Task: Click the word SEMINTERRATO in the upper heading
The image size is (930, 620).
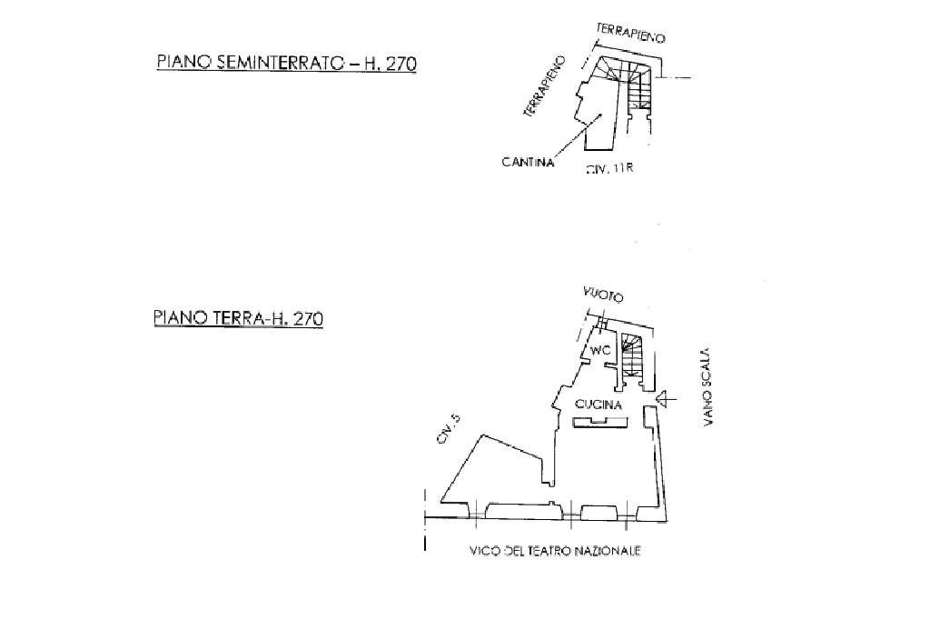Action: click(x=272, y=63)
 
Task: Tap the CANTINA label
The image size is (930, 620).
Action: click(x=528, y=163)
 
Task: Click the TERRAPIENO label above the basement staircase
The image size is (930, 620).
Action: click(x=631, y=34)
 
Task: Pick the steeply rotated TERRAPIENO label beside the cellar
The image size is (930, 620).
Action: click(x=544, y=87)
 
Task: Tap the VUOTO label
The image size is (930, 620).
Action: click(x=603, y=295)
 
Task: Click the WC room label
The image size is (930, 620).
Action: click(x=599, y=351)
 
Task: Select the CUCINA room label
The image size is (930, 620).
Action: click(x=598, y=405)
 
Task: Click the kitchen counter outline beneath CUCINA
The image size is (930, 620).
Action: click(x=597, y=421)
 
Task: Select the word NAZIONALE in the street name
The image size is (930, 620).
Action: click(x=608, y=551)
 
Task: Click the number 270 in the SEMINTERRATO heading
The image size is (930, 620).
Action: click(x=401, y=63)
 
